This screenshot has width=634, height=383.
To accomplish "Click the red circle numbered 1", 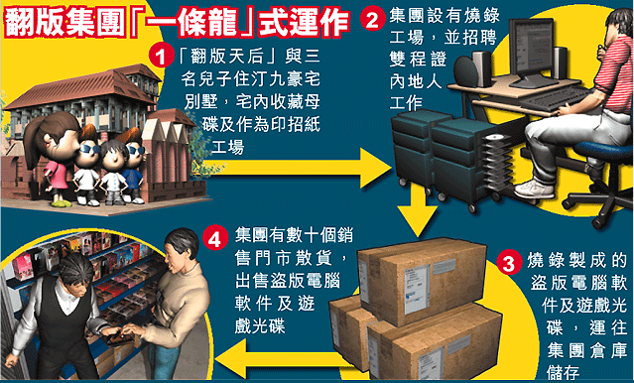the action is (161, 56).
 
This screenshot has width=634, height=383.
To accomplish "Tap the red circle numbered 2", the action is (372, 19).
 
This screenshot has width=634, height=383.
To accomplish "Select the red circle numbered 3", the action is (508, 263).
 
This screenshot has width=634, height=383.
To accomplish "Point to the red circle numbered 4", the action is (215, 238).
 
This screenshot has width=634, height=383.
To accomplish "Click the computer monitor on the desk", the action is (532, 52).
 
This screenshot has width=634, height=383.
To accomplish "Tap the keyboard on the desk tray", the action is (554, 99).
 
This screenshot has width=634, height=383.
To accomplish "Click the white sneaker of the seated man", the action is (534, 189).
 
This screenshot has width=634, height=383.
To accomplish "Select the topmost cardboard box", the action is (422, 281).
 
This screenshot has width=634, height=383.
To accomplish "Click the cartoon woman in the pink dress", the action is (51, 159).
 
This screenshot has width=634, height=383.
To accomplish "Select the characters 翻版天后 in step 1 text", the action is (227, 57).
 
